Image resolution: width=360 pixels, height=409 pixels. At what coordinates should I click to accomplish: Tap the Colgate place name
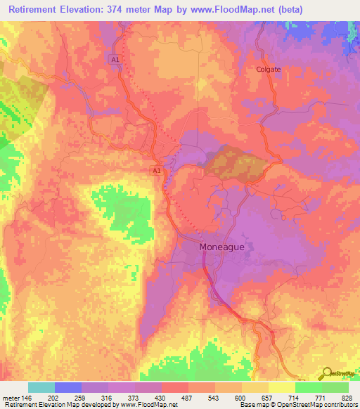[x=268, y=70]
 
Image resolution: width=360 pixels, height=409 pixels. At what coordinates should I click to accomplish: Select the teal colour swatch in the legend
[x=41, y=387]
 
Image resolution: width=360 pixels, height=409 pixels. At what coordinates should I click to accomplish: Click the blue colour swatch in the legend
[x=68, y=387]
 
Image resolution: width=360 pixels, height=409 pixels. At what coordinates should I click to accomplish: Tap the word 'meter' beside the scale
[x=11, y=397]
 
